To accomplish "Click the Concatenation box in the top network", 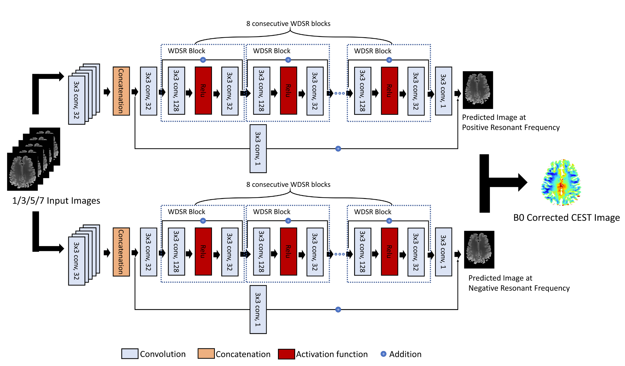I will tap(121, 91).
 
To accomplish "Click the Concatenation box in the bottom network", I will tap(121, 252).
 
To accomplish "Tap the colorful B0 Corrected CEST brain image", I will tap(561, 182).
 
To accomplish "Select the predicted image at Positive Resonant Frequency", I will tap(478, 90).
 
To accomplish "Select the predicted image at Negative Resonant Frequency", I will tap(479, 249).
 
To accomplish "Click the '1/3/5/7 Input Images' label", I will tap(56, 201).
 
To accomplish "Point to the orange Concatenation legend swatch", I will tap(206, 354).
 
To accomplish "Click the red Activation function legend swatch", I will tap(286, 354).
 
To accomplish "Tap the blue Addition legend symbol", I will tap(383, 354).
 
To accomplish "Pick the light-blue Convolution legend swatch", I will tap(130, 354).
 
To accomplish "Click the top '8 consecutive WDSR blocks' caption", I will tap(288, 24).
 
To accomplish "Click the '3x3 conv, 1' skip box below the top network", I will tap(258, 149).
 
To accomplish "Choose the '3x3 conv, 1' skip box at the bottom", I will tap(258, 309).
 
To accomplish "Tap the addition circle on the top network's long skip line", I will tap(338, 149).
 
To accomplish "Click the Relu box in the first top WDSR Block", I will tap(203, 91).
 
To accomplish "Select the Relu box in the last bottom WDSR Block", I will tap(389, 251).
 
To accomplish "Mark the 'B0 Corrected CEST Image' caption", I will tap(566, 218).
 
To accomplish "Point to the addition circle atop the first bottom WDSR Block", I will tap(203, 221).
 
